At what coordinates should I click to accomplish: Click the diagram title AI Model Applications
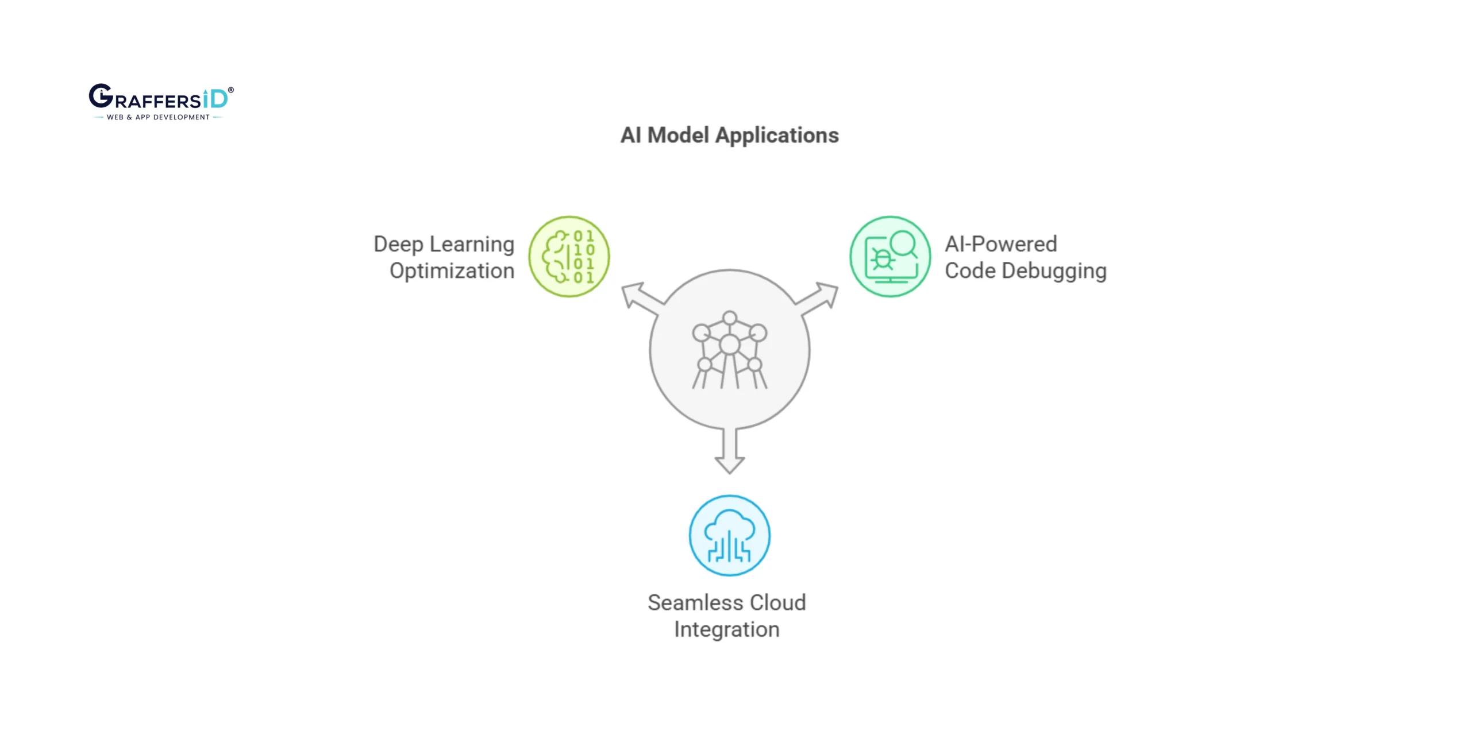pos(729,136)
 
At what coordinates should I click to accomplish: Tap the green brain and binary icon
pos(569,257)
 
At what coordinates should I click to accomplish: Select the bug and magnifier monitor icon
pos(890,257)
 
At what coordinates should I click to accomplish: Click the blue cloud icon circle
pos(729,536)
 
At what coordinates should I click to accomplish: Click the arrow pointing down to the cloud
pos(729,454)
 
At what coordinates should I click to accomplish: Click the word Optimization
pos(452,271)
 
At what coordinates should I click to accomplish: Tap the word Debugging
pos(1054,271)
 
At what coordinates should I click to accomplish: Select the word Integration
pos(726,629)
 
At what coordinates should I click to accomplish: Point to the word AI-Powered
pos(1000,244)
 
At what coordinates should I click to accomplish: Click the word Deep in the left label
pos(398,244)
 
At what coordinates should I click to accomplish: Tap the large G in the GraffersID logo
pos(101,96)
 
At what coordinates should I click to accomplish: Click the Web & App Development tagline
pos(158,117)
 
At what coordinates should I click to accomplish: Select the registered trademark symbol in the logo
pos(231,90)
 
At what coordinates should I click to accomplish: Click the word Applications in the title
pos(777,136)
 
